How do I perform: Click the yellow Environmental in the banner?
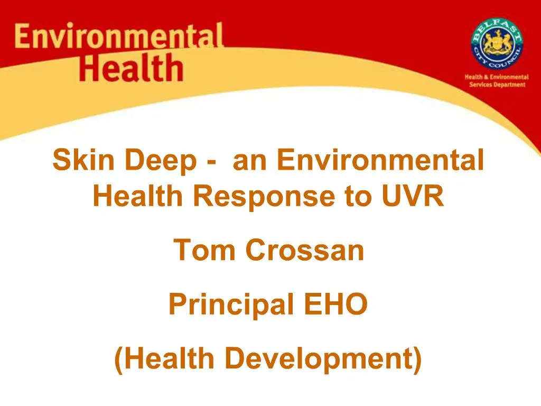119,38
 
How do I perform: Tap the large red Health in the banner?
131,68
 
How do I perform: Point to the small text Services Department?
497,85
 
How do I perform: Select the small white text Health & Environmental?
497,77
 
